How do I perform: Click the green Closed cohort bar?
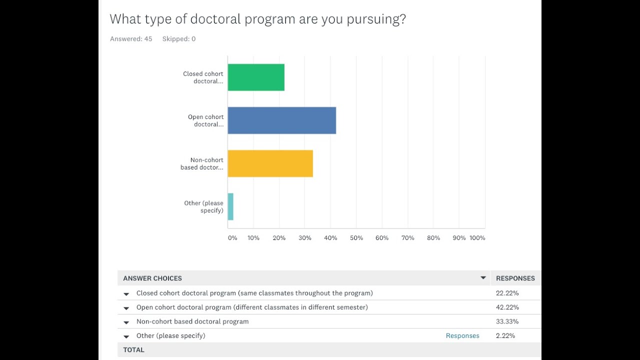pos(256,77)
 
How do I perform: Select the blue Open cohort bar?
pos(281,120)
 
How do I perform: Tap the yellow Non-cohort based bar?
pos(270,163)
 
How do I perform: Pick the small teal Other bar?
pos(230,206)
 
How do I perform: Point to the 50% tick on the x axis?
pos(356,238)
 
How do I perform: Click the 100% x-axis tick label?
pos(477,238)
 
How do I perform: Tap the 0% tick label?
pos(232,238)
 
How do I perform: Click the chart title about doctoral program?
pos(257,19)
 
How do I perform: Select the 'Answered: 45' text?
pos(131,39)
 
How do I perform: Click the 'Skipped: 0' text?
pos(178,39)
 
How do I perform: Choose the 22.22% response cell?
pos(507,293)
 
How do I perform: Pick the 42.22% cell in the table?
pos(507,307)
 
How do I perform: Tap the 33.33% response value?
pos(507,321)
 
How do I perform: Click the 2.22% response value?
pos(505,335)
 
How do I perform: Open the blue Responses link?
pos(462,336)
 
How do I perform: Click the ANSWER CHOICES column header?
pos(152,278)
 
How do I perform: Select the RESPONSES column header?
pos(515,278)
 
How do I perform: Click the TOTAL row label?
pos(133,350)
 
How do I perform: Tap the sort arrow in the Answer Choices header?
pos(483,278)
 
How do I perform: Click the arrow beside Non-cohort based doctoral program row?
pos(126,322)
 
